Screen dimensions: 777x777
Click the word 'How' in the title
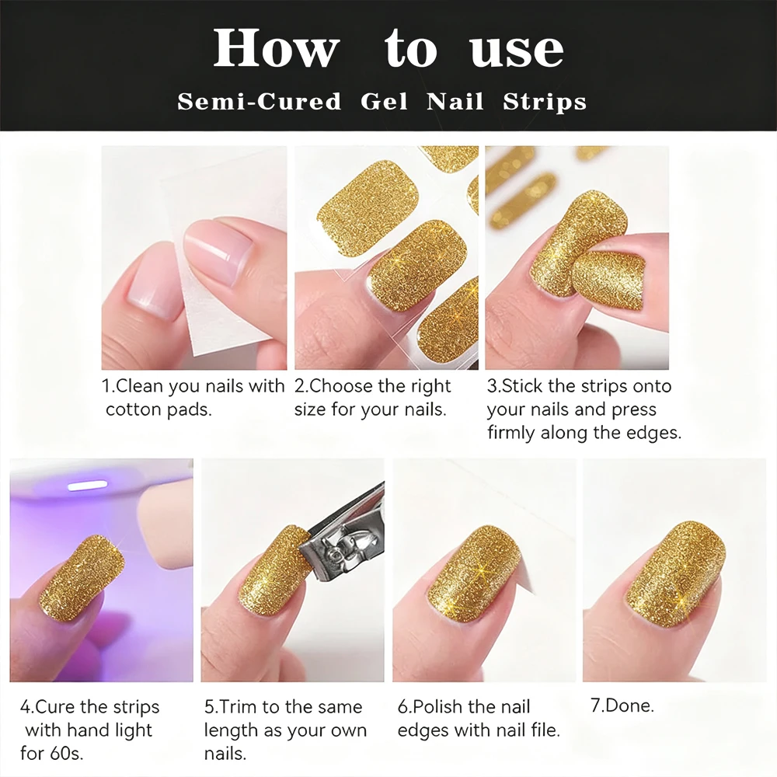pos(276,48)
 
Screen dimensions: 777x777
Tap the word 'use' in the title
pos(517,48)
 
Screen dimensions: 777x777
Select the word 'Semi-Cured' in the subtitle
pos(259,102)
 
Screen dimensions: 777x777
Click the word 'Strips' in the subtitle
pos(545,102)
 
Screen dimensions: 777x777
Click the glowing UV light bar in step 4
pos(87,486)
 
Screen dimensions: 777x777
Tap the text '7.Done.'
pos(622,706)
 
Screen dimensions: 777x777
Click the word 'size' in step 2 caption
pos(311,409)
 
